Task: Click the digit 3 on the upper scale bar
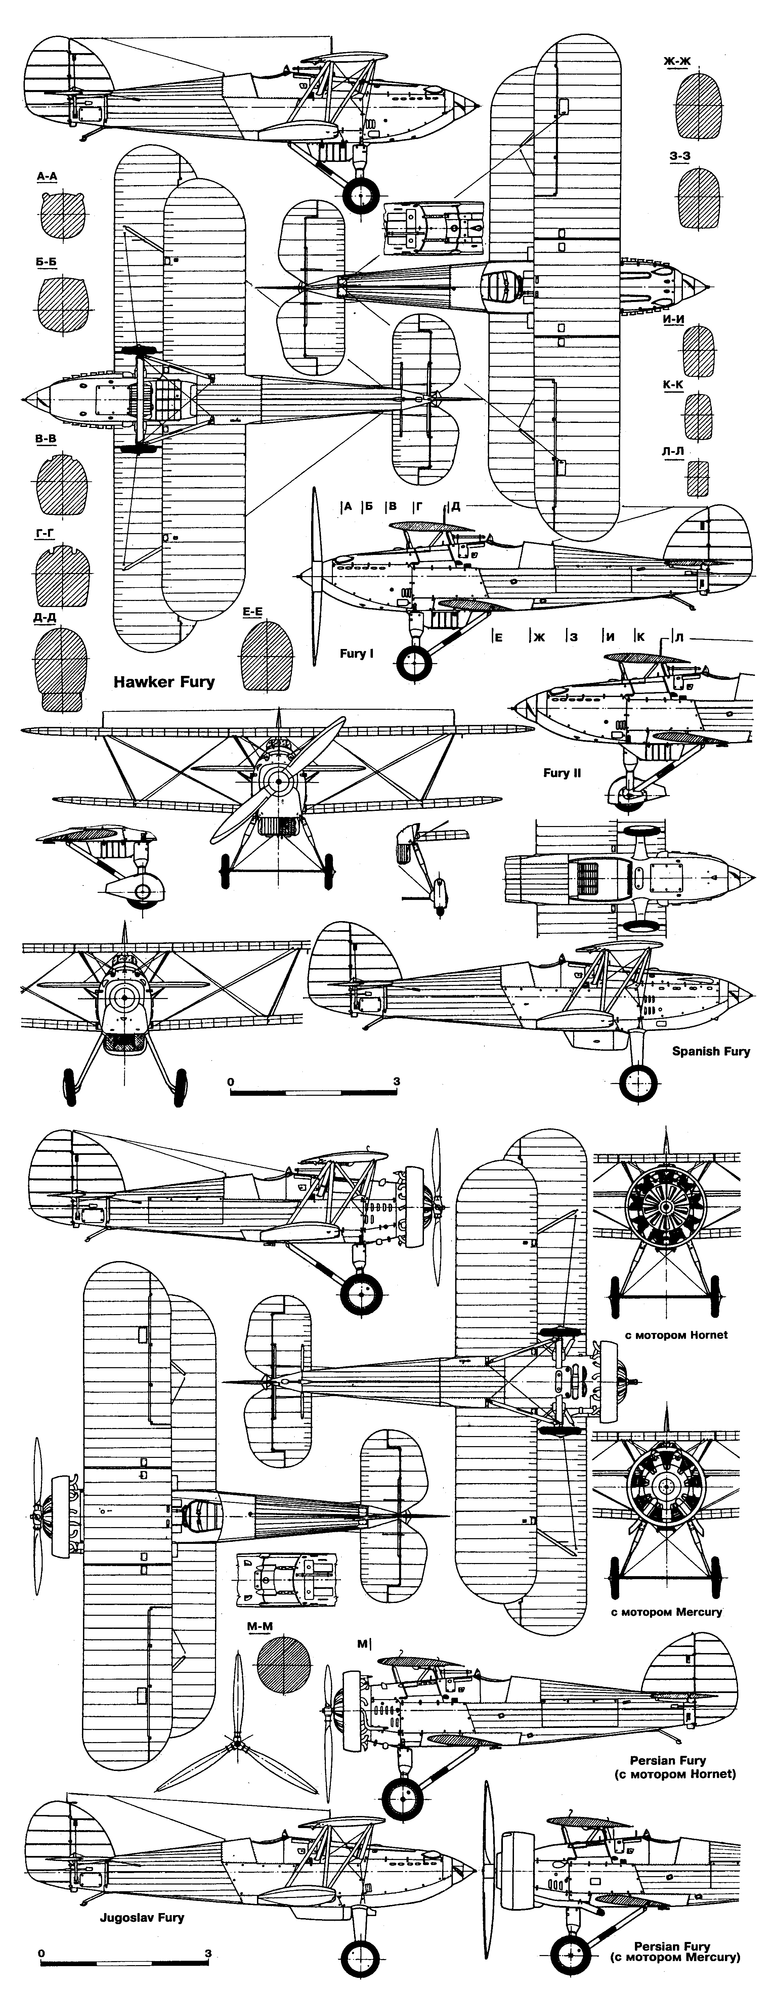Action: [396, 1081]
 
